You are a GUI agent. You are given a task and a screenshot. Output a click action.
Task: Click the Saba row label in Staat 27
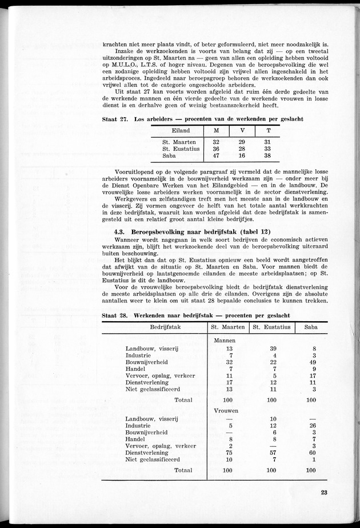click(x=170, y=155)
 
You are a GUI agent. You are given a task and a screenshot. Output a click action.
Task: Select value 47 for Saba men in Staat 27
click(x=201, y=155)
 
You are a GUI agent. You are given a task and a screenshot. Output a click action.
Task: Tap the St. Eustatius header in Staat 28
click(x=271, y=327)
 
